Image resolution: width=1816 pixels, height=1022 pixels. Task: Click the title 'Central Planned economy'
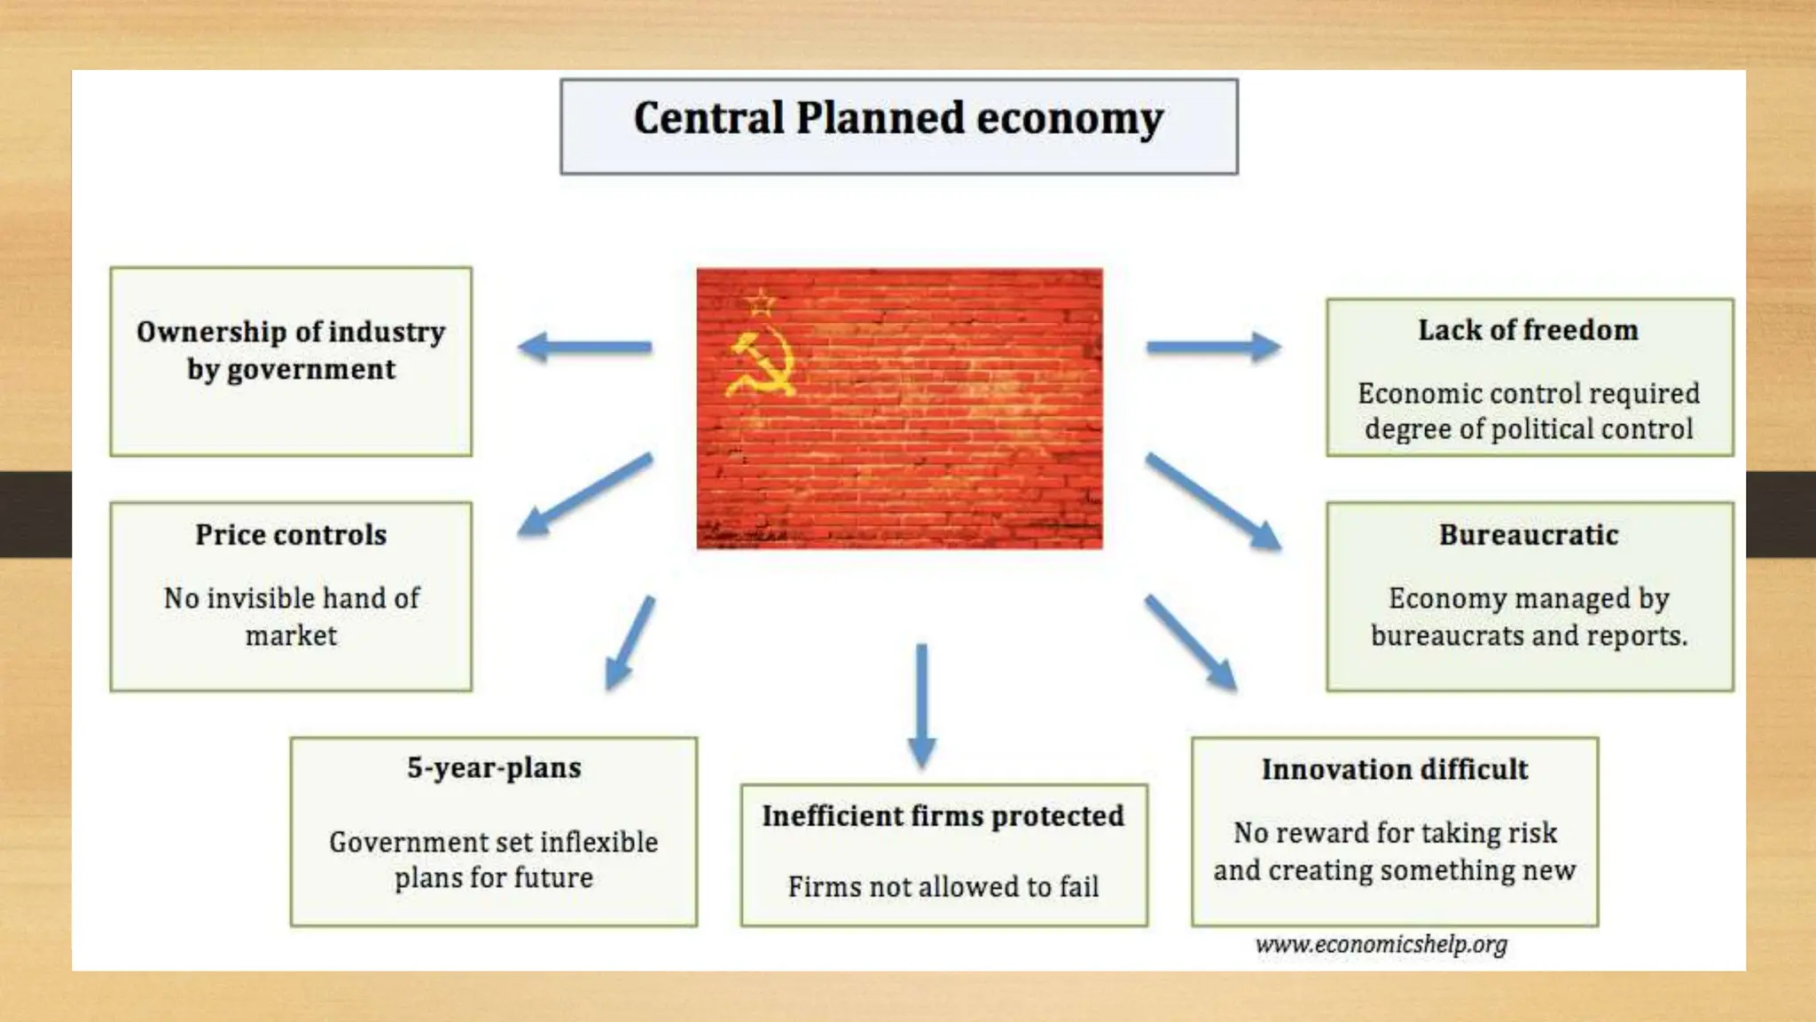tap(898, 119)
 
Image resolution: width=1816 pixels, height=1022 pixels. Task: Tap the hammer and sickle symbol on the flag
tap(761, 365)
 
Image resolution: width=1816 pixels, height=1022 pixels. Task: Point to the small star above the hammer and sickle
tap(760, 303)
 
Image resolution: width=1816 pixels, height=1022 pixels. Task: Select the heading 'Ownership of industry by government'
tap(291, 350)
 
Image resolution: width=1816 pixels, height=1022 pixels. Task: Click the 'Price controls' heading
tap(291, 535)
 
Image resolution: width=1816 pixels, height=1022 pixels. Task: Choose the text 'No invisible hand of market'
tap(291, 617)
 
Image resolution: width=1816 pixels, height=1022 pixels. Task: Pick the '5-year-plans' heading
tap(494, 767)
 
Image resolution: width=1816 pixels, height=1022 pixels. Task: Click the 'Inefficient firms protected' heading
tap(943, 815)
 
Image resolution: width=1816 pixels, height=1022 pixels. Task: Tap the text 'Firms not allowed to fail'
tap(943, 886)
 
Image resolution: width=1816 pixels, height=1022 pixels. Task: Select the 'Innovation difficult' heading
tap(1394, 769)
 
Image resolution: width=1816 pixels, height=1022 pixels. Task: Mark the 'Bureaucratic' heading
tap(1529, 535)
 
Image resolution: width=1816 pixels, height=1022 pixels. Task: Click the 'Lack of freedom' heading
tap(1528, 330)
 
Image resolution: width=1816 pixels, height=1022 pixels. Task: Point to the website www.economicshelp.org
tap(1381, 945)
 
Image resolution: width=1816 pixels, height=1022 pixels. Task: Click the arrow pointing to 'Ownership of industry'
tap(584, 347)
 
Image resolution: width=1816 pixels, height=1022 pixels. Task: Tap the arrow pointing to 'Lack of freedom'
tap(1213, 347)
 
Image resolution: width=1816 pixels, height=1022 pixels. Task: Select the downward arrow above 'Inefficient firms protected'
tap(921, 705)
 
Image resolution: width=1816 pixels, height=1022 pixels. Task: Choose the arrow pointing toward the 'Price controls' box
tap(585, 494)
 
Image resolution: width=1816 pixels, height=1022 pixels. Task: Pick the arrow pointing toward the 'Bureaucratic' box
tap(1213, 501)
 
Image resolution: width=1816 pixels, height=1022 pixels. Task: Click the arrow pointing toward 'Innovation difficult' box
tap(1190, 642)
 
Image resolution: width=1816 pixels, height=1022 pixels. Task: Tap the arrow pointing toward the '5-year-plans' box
tap(630, 642)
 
